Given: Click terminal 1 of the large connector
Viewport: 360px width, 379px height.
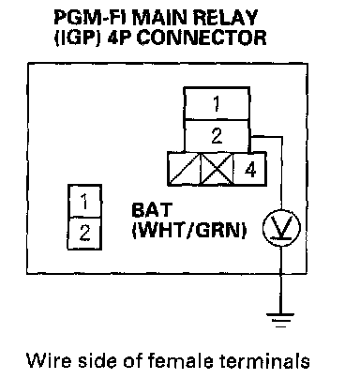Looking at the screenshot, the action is tap(217, 103).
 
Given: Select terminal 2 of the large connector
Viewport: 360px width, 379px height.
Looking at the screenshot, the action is tap(217, 136).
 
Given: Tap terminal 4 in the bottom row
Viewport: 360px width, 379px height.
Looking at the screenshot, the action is tap(250, 170).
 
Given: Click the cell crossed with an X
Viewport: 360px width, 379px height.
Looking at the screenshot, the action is tap(217, 170).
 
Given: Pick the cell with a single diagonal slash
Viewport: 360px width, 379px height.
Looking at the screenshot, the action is tap(184, 170).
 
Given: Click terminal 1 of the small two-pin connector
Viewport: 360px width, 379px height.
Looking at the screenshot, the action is tap(84, 201).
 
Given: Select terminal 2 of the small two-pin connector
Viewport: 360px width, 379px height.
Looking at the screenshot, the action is tap(84, 234).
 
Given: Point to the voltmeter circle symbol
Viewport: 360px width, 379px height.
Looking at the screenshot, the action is tap(281, 228).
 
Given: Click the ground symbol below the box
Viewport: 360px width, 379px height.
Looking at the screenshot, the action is tap(280, 320).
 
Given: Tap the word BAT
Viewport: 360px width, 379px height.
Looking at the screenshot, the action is tap(152, 210).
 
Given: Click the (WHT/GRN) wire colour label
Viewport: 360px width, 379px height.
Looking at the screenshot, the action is tap(189, 231).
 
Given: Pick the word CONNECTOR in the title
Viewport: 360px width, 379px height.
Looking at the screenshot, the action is tap(202, 38).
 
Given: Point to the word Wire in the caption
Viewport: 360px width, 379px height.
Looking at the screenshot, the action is tap(49, 360).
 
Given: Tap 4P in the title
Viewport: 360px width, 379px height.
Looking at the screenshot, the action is tap(120, 38).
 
